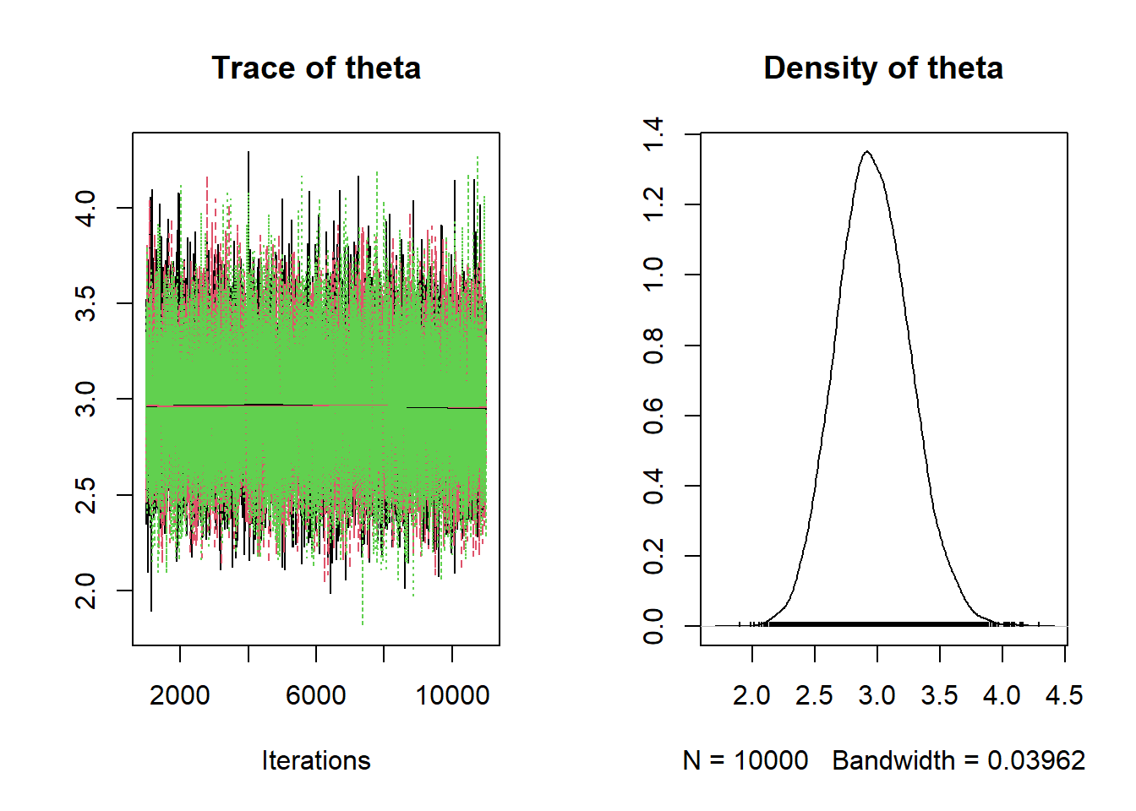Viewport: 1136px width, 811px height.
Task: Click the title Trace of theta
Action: pos(316,68)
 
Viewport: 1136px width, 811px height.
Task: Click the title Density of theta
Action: pos(883,68)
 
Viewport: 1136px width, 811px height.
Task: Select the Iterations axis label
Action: pos(316,760)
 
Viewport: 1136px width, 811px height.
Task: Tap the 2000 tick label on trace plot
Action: pos(180,695)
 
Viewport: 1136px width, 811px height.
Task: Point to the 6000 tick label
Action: pos(316,695)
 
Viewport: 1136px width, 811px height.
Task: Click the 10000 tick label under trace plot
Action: pos(452,695)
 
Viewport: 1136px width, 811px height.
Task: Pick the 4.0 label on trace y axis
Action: pos(86,208)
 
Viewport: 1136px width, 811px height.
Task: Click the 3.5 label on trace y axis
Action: pos(86,303)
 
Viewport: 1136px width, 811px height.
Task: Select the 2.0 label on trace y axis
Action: pos(86,590)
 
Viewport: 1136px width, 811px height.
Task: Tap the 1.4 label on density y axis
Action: pos(653,134)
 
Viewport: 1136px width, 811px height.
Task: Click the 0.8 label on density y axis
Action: pos(653,346)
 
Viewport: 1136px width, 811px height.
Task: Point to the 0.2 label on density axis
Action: pos(653,556)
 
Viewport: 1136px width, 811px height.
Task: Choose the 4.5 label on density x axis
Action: pos(1064,695)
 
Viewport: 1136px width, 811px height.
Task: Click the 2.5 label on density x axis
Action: pos(814,695)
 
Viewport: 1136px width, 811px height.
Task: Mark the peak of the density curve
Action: pos(867,152)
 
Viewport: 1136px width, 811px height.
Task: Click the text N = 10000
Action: pos(745,760)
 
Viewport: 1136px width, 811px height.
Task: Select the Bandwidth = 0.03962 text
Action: pos(958,760)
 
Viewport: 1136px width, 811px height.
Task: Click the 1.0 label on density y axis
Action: pos(653,275)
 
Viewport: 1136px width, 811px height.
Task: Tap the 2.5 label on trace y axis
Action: pos(86,494)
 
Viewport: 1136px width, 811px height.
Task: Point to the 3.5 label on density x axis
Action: pos(939,695)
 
